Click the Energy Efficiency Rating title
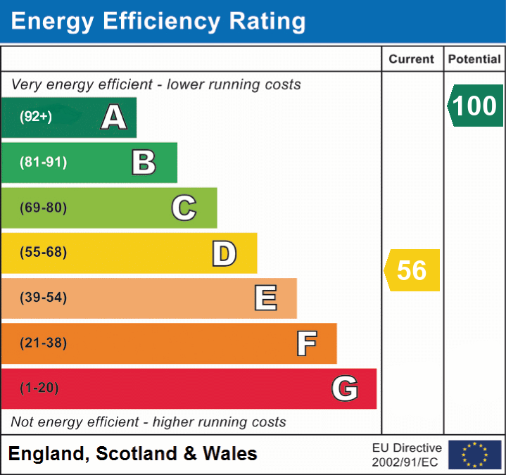point(158,22)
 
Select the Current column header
point(412,60)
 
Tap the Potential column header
point(474,60)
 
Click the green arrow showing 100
point(476,106)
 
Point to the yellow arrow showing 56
point(412,270)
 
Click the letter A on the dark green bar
point(114,118)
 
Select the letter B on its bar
point(144,163)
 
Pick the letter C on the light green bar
point(184,208)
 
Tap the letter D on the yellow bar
point(224,253)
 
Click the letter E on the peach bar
point(265,298)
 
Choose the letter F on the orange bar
point(306,343)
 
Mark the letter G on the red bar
point(345,388)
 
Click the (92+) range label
point(36,118)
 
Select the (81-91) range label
point(44,163)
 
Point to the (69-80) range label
point(44,208)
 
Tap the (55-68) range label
point(44,253)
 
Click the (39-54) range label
point(44,298)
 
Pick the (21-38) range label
point(44,343)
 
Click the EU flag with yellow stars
point(474,455)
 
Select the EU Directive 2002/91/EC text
point(407,455)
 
